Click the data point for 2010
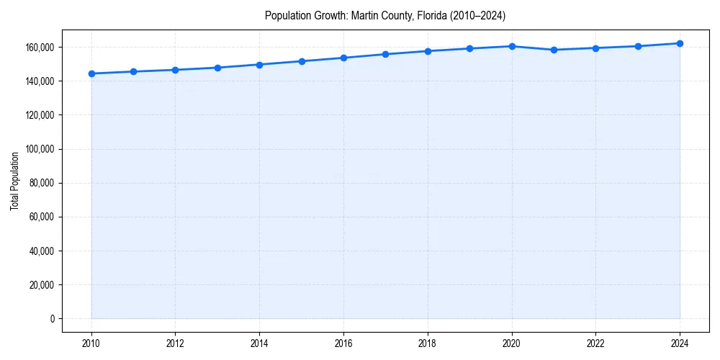click(91, 73)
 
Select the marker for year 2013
click(217, 68)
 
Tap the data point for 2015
click(302, 61)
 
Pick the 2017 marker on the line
click(386, 54)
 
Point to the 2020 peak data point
click(512, 46)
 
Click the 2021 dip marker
click(554, 50)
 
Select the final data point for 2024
click(680, 43)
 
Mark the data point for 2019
click(469, 48)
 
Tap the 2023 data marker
click(638, 46)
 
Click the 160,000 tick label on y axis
click(39, 48)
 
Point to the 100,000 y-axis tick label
click(39, 149)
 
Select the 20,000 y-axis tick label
click(41, 285)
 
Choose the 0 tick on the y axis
click(52, 319)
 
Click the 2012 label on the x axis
click(175, 343)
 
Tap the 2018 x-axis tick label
click(428, 343)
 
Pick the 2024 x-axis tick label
click(680, 343)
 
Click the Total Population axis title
click(14, 181)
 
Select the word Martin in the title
click(365, 16)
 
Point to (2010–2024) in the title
click(478, 16)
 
